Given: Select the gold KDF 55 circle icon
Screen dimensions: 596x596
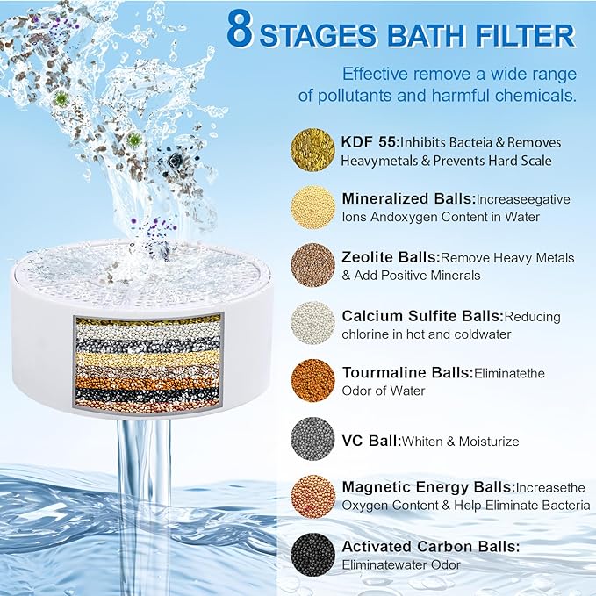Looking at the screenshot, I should click(312, 150).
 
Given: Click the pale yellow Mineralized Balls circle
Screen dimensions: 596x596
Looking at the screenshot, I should click(312, 208).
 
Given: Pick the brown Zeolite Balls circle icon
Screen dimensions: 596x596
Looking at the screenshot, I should click(312, 265).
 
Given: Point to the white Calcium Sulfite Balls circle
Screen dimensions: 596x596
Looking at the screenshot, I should click(312, 323).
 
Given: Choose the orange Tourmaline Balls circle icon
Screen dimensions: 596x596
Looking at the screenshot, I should click(312, 381).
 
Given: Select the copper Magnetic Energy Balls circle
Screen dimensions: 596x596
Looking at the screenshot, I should click(312, 496).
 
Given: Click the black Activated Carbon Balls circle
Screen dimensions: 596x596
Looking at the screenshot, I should click(312, 554).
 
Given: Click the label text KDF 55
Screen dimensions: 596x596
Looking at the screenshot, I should click(370, 141).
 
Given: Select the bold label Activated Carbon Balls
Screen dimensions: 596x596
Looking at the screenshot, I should click(430, 546).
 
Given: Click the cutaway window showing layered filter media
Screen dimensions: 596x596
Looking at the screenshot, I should click(147, 361).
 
